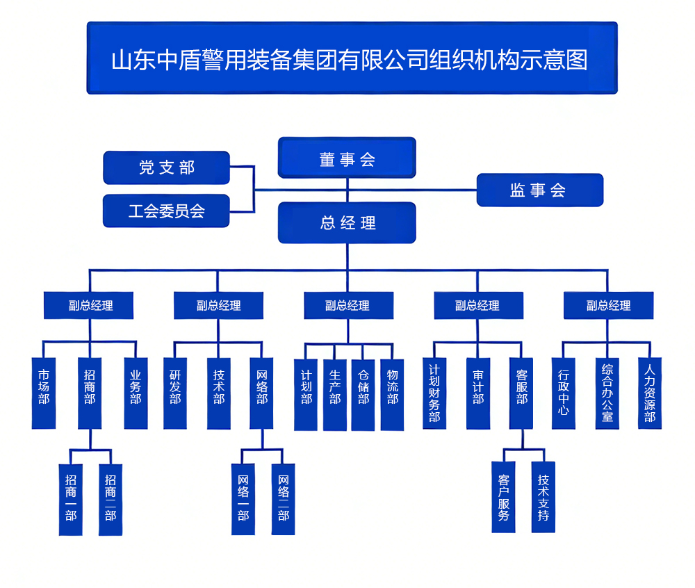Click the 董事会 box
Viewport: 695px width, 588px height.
(347, 158)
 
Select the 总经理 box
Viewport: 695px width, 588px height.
(347, 222)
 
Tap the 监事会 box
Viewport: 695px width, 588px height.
(539, 190)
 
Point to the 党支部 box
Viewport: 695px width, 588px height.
(166, 168)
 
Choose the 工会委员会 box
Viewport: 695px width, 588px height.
(166, 211)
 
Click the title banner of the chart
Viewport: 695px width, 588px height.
(351, 58)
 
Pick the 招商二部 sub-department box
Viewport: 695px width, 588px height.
(111, 499)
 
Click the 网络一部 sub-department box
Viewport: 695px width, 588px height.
(243, 499)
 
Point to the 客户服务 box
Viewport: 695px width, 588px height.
(504, 498)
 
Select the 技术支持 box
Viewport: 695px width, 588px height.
(543, 498)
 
